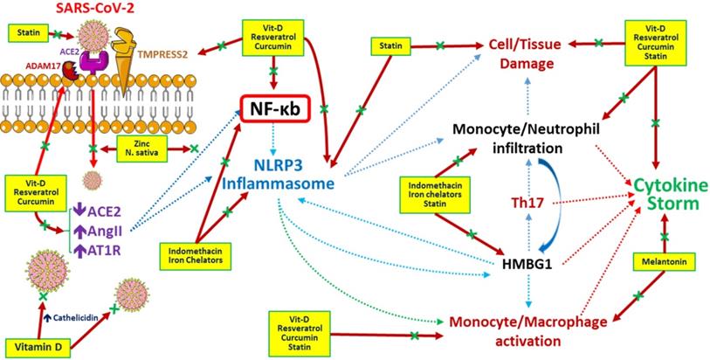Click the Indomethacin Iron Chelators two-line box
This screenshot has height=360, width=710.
192,253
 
